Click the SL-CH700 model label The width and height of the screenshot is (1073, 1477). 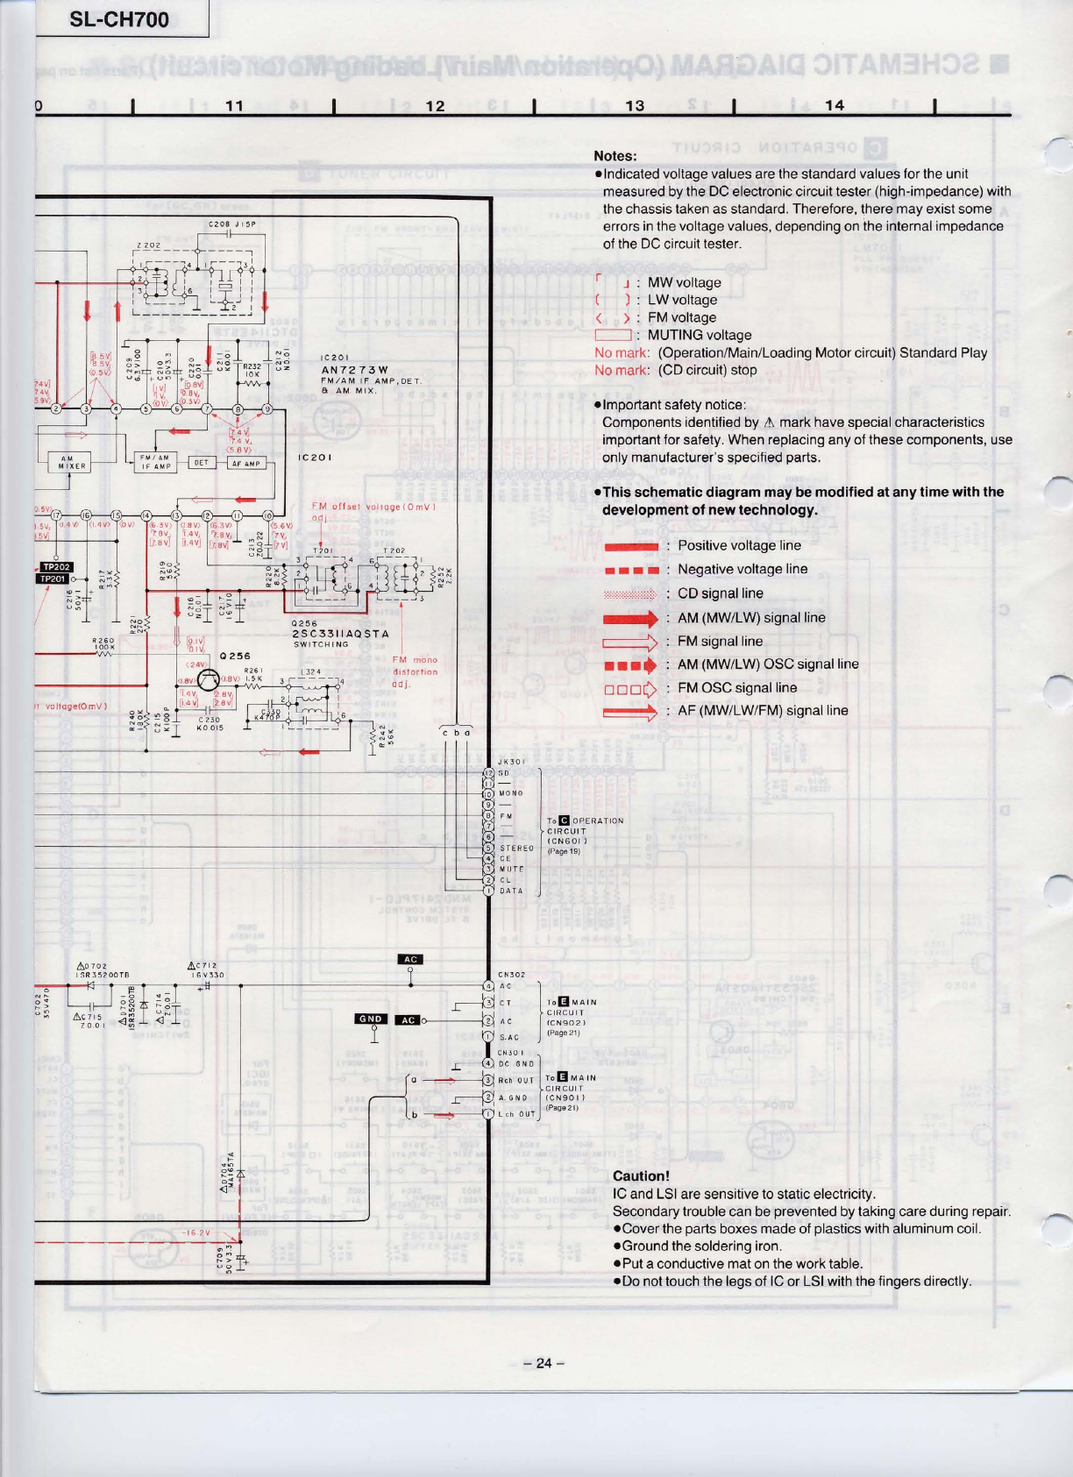(x=119, y=19)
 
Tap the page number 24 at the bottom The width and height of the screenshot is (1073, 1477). (x=544, y=1363)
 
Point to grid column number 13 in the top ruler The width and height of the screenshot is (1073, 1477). (x=635, y=106)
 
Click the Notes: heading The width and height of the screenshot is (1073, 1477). (x=615, y=156)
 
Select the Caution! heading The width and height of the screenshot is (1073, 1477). (x=641, y=1175)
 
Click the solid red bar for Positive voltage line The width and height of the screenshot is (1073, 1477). (x=630, y=546)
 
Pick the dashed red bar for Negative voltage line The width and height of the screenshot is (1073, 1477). (x=630, y=570)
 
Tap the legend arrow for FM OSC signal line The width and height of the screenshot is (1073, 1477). (x=630, y=688)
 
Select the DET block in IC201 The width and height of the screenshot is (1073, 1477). (x=202, y=462)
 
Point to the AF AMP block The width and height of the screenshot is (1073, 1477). (x=247, y=463)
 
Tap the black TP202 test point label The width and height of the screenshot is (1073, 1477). (x=56, y=566)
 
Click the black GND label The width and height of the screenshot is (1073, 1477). (x=371, y=1019)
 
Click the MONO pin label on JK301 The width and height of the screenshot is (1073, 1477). (x=511, y=793)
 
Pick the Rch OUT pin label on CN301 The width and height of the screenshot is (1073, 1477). (x=515, y=1081)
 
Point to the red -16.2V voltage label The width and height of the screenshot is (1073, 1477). (x=195, y=1232)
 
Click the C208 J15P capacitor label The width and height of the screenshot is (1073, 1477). (x=231, y=224)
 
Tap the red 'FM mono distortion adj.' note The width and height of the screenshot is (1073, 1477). (x=414, y=671)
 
